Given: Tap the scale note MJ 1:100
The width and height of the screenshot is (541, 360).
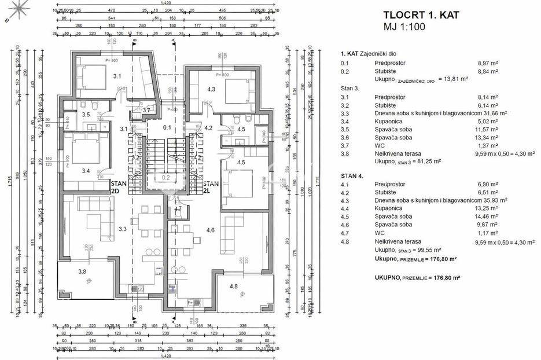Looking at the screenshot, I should (403, 27).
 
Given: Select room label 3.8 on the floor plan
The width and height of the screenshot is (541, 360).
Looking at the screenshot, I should (82, 271).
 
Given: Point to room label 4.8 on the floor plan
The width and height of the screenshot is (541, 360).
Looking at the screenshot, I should (234, 286).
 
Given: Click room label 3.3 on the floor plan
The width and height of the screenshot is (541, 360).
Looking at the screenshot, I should (123, 229).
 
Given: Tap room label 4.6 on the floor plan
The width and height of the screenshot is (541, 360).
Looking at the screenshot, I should (211, 230).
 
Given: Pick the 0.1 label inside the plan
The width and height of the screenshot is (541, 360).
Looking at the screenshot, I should (167, 127).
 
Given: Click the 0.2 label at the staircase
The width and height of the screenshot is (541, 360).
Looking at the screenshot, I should (165, 178).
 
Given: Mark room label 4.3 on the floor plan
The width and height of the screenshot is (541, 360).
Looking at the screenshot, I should (211, 89).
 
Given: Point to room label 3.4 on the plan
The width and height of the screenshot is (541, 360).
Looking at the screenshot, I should (86, 171).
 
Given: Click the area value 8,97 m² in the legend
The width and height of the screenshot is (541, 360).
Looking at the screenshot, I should (487, 63).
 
